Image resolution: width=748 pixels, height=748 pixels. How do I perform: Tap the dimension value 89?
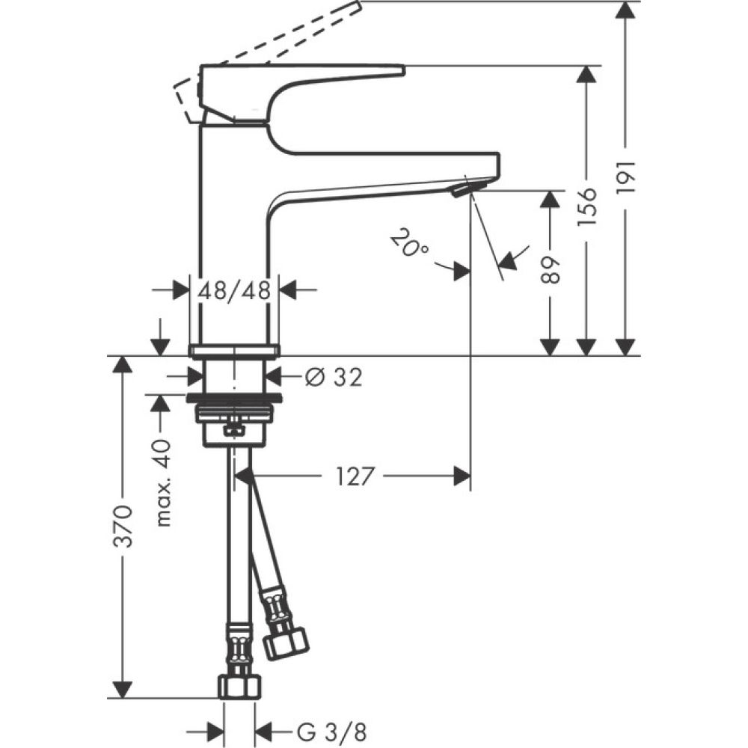[x=551, y=269]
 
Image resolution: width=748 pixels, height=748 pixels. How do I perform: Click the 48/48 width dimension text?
[x=233, y=291]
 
